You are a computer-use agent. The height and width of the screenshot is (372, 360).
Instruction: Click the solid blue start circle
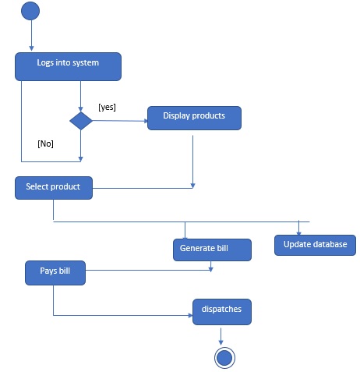click(x=31, y=12)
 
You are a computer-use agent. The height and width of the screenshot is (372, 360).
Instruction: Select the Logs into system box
click(x=69, y=66)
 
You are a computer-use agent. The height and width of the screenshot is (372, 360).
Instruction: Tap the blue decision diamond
click(x=81, y=121)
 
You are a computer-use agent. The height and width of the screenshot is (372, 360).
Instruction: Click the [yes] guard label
click(x=107, y=106)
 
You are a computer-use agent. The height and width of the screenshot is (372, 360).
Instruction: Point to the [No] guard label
click(x=46, y=143)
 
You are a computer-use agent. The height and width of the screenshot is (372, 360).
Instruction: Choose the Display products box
click(x=194, y=117)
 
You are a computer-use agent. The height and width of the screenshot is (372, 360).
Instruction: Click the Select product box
click(x=53, y=187)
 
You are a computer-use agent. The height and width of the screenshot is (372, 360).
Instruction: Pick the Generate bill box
click(x=212, y=249)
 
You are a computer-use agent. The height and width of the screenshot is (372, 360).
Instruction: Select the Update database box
click(x=315, y=245)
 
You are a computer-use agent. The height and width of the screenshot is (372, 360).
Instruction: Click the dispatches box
click(x=222, y=310)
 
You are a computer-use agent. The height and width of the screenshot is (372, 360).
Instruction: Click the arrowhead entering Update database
click(x=298, y=231)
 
